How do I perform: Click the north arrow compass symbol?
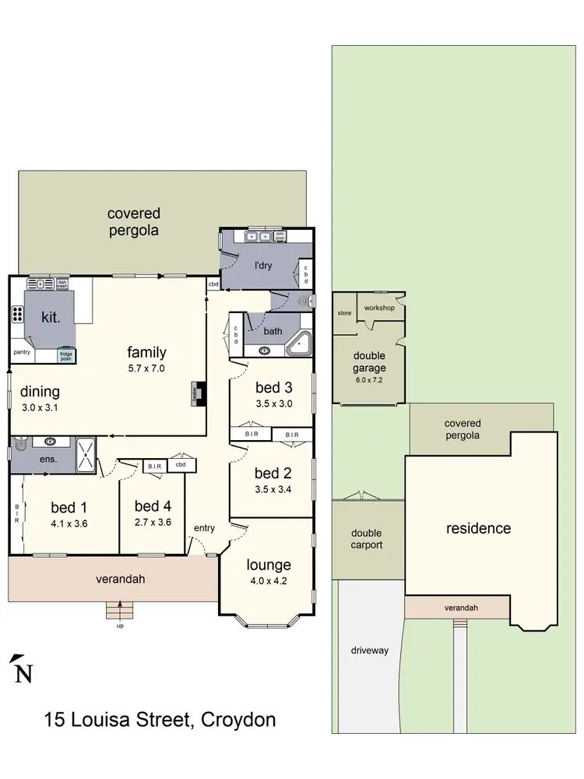[x=23, y=671]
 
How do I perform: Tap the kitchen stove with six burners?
[x=17, y=315]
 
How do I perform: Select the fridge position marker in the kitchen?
[x=67, y=355]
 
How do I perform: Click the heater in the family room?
[x=198, y=394]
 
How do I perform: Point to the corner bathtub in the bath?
[x=299, y=344]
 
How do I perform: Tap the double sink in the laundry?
[x=257, y=235]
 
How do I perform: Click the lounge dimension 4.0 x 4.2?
[x=268, y=579]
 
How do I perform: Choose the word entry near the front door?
[x=204, y=528]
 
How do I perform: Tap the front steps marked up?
[x=118, y=611]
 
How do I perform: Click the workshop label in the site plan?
[x=379, y=308]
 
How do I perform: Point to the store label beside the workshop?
[x=344, y=313]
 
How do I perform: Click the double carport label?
[x=366, y=539]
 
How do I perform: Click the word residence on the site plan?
[x=478, y=528]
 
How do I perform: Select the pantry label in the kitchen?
[x=22, y=352]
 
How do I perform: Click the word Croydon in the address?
[x=238, y=719]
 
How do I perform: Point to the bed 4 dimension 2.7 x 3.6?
[x=152, y=523]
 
